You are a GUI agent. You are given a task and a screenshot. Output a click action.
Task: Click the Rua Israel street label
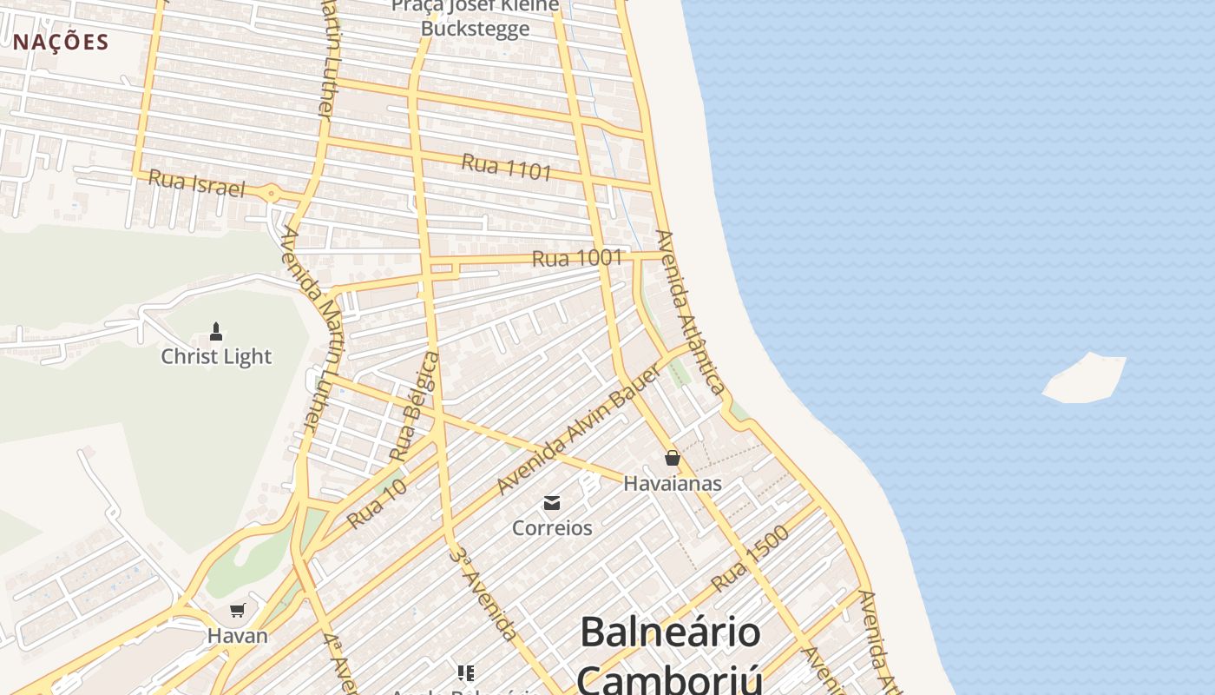pyautogui.click(x=196, y=183)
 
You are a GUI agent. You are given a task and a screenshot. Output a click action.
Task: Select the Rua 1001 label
pyautogui.click(x=577, y=258)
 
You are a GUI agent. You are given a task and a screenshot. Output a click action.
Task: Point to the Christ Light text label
pyautogui.click(x=216, y=356)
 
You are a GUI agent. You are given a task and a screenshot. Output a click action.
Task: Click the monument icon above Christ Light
pyautogui.click(x=216, y=331)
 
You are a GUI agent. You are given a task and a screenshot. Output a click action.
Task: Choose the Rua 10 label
pyautogui.click(x=377, y=505)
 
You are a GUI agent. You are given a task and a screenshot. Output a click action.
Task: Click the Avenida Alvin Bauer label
pyautogui.click(x=580, y=429)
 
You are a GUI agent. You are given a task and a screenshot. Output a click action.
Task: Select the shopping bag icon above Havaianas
pyautogui.click(x=673, y=458)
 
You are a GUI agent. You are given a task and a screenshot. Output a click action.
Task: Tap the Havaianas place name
pyautogui.click(x=673, y=483)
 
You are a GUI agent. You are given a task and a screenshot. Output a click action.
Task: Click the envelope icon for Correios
pyautogui.click(x=552, y=503)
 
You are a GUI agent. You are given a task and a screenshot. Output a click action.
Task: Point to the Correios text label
pyautogui.click(x=552, y=527)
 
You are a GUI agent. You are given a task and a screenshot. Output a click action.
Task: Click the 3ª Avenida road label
pyautogui.click(x=483, y=592)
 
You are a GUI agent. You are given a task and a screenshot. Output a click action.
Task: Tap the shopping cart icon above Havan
pyautogui.click(x=238, y=611)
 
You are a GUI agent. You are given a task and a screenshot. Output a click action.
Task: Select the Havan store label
pyautogui.click(x=238, y=635)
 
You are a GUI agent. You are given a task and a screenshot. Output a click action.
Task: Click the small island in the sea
pyautogui.click(x=1085, y=379)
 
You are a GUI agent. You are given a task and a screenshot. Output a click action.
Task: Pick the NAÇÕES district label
pyautogui.click(x=61, y=42)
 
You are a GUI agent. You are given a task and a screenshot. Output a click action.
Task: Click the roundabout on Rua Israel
pyautogui.click(x=272, y=194)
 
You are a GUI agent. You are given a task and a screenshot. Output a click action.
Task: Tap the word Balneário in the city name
pyautogui.click(x=670, y=632)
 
